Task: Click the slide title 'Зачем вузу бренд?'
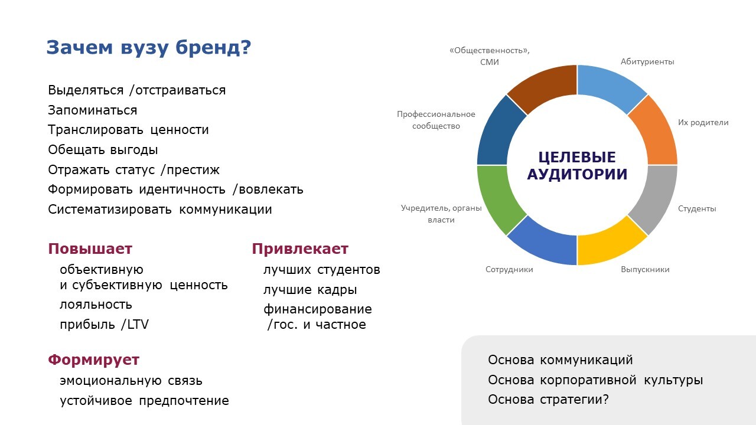tap(148, 48)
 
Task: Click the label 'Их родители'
tap(703, 122)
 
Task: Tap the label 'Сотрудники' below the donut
tap(509, 270)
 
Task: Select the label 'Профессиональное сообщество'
tap(436, 120)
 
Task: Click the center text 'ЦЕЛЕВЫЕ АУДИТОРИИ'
tap(577, 166)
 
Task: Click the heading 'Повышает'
tap(90, 249)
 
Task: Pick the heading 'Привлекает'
tap(300, 249)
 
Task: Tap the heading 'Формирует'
tap(93, 360)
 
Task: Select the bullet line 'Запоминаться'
tap(93, 110)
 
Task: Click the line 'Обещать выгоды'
tap(103, 150)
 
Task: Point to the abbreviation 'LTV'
tap(138, 325)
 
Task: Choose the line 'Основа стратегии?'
tap(548, 400)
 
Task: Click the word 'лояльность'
tap(96, 305)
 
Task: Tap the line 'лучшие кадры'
tap(310, 290)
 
